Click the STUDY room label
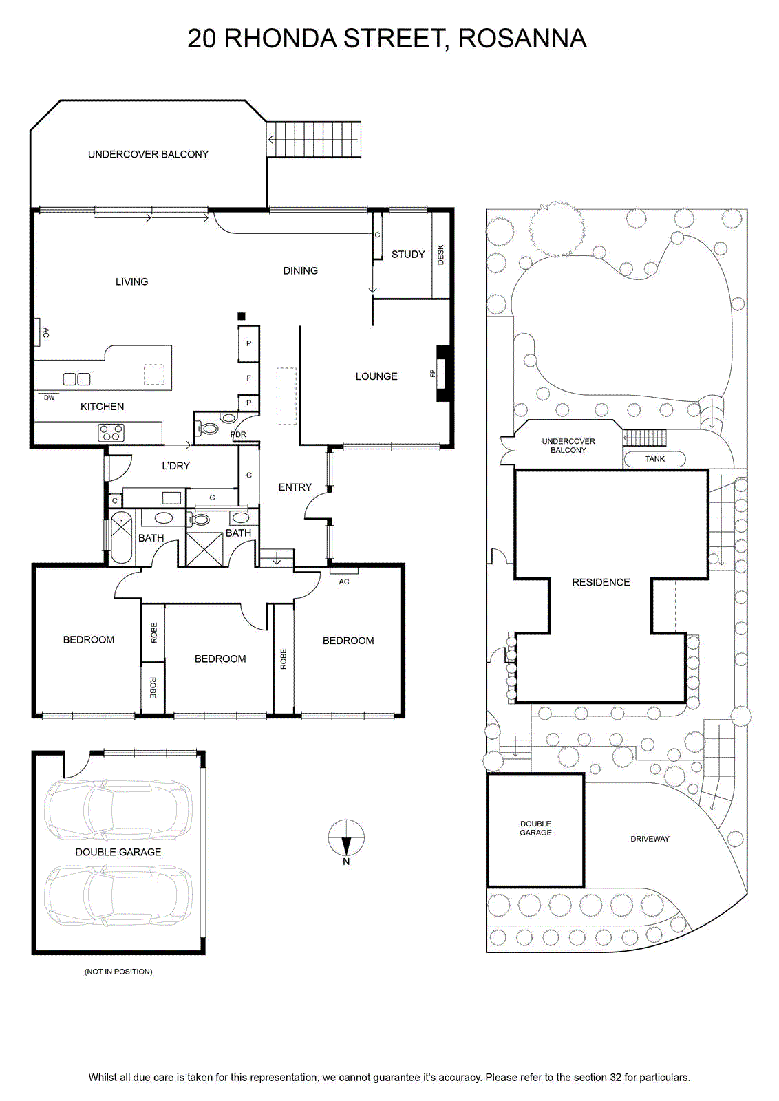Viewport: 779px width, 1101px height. click(408, 254)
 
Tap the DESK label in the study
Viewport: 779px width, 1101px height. click(440, 255)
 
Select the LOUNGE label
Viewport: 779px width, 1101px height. click(376, 376)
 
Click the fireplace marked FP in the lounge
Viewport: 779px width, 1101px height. click(443, 374)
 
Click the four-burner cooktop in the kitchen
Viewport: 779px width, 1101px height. click(111, 433)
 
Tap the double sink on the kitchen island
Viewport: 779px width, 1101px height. click(76, 379)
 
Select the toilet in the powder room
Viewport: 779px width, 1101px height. click(207, 429)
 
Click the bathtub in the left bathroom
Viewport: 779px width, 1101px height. click(121, 537)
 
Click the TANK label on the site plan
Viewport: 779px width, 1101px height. click(654, 458)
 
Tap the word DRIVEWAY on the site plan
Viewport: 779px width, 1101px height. click(650, 839)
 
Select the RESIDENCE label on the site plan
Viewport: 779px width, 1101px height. click(601, 582)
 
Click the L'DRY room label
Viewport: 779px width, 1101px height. click(176, 465)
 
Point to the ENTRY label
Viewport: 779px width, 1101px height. click(295, 487)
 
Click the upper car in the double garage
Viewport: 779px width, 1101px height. click(118, 809)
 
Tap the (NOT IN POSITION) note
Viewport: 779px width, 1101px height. click(118, 971)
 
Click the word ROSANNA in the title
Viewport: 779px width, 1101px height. click(522, 39)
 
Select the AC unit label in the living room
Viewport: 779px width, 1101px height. click(45, 332)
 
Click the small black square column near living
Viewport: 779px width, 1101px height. click(241, 317)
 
